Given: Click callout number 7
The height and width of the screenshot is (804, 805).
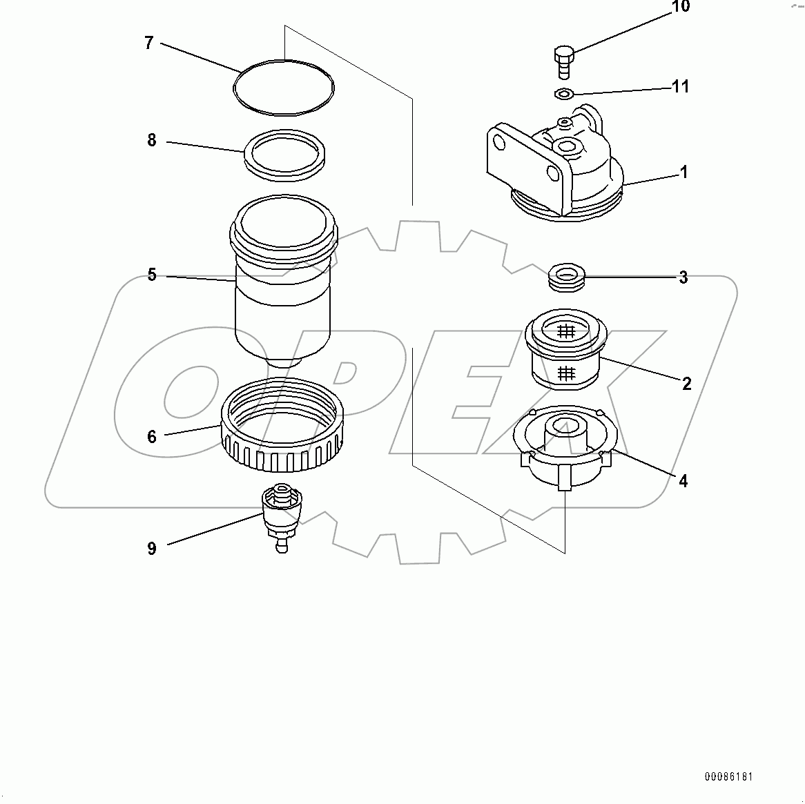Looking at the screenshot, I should pyautogui.click(x=148, y=43).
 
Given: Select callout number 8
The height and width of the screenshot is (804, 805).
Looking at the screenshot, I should pyautogui.click(x=152, y=141).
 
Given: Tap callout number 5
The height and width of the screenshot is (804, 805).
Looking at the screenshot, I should pyautogui.click(x=152, y=275).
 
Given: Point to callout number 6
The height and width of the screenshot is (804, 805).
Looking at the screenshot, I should pyautogui.click(x=152, y=436).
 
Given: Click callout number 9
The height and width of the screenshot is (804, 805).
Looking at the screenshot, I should pyautogui.click(x=152, y=549).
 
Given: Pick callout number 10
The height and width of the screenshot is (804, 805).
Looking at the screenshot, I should pyautogui.click(x=680, y=7).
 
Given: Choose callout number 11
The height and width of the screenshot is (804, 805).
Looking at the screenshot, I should pyautogui.click(x=681, y=87).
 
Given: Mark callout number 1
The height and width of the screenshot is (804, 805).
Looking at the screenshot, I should pyautogui.click(x=683, y=172).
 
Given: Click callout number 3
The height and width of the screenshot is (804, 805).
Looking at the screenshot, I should pyautogui.click(x=683, y=277).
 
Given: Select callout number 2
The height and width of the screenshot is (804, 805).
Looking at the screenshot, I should pyautogui.click(x=686, y=384).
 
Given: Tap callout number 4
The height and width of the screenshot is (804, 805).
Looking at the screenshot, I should pyautogui.click(x=683, y=481).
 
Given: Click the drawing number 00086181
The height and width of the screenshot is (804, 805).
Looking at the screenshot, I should pyautogui.click(x=728, y=777).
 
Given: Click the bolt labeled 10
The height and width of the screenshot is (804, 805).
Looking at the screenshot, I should pyautogui.click(x=563, y=62).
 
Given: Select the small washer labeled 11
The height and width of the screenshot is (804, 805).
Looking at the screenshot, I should pyautogui.click(x=564, y=94).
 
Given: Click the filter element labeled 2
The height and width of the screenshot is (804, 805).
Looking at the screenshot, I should pyautogui.click(x=566, y=350).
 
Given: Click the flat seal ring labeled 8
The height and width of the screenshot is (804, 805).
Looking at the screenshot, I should pyautogui.click(x=286, y=155).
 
